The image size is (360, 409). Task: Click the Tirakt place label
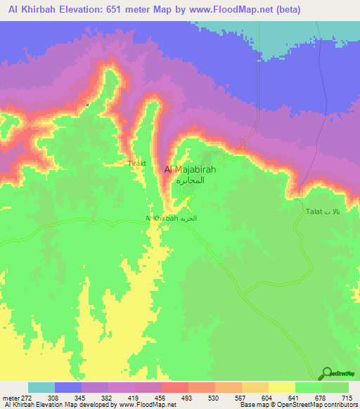tap(136, 163)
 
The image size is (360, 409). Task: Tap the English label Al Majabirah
tap(189, 169)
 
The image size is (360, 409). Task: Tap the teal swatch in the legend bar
tap(41, 387)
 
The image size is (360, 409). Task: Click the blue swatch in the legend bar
tap(68, 387)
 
